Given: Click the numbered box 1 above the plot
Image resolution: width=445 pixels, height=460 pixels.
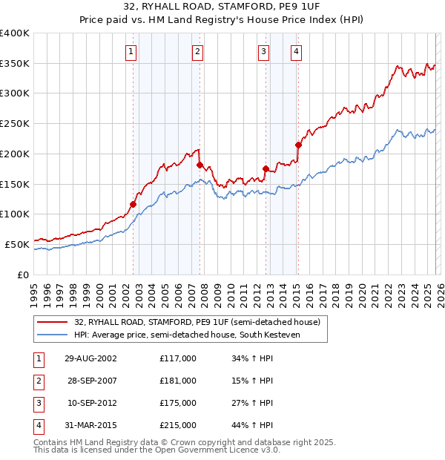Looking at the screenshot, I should pyautogui.click(x=131, y=51).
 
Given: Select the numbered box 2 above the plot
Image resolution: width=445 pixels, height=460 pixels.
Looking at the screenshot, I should pyautogui.click(x=198, y=51).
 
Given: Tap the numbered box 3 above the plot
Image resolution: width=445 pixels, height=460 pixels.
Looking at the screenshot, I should pyautogui.click(x=263, y=51).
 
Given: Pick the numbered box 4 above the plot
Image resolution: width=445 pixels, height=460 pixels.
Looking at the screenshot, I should pyautogui.click(x=296, y=51).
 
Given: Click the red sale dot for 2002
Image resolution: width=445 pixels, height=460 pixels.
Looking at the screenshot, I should pyautogui.click(x=133, y=204).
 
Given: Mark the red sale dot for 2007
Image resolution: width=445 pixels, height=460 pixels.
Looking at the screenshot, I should pyautogui.click(x=200, y=165).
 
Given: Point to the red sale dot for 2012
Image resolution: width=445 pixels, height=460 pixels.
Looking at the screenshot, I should pyautogui.click(x=266, y=169).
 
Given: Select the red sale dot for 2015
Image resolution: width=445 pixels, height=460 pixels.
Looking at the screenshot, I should pyautogui.click(x=298, y=145).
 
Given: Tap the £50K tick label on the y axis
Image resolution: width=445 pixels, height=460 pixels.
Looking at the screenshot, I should pyautogui.click(x=17, y=244).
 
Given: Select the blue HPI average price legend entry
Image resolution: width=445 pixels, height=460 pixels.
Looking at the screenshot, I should pyautogui.click(x=200, y=335).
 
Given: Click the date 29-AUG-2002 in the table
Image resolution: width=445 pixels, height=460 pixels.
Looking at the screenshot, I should pyautogui.click(x=89, y=358).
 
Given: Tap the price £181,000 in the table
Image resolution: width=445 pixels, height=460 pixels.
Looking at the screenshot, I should pyautogui.click(x=178, y=381).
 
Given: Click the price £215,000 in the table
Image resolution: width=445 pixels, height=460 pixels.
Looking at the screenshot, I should pyautogui.click(x=178, y=425).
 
